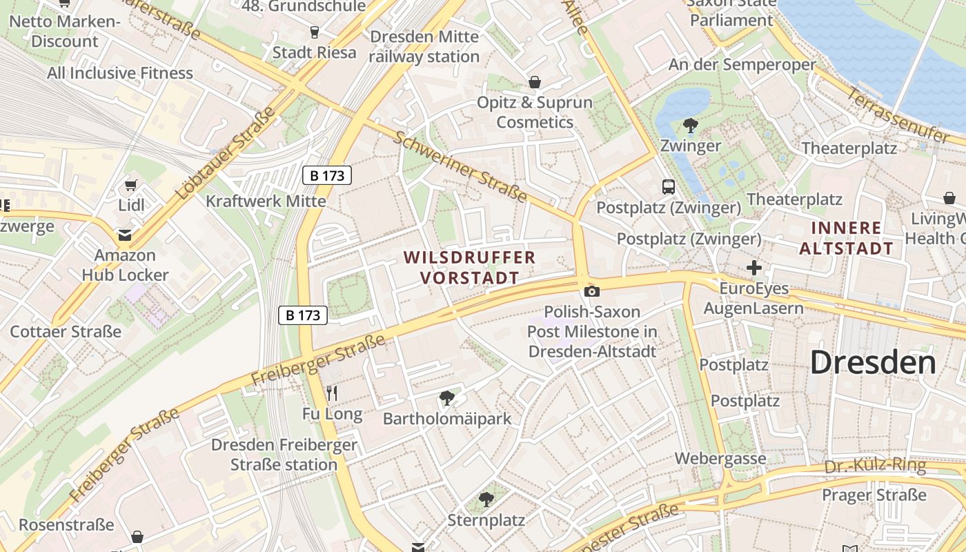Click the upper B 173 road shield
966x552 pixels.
tap(327, 175)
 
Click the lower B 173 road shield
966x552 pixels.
tap(303, 315)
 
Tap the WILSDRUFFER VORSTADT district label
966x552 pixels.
tap(469, 268)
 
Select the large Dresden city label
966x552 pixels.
tap(873, 362)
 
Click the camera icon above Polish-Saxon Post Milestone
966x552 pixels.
tap(591, 291)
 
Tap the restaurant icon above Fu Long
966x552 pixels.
tap(332, 393)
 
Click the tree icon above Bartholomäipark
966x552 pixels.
tap(447, 397)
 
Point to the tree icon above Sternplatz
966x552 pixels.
tap(486, 499)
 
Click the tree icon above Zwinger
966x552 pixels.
tap(690, 125)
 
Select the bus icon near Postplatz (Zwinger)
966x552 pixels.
tap(668, 186)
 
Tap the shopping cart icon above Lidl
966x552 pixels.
tap(131, 185)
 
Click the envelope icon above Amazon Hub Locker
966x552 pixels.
tap(125, 235)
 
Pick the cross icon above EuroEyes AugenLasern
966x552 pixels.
tap(754, 267)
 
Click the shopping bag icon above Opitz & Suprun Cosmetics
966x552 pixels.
tap(534, 82)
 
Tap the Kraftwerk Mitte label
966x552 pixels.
tap(266, 201)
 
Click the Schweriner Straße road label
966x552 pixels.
tap(460, 166)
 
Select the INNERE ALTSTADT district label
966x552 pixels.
tap(846, 238)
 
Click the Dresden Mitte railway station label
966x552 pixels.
tap(424, 46)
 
